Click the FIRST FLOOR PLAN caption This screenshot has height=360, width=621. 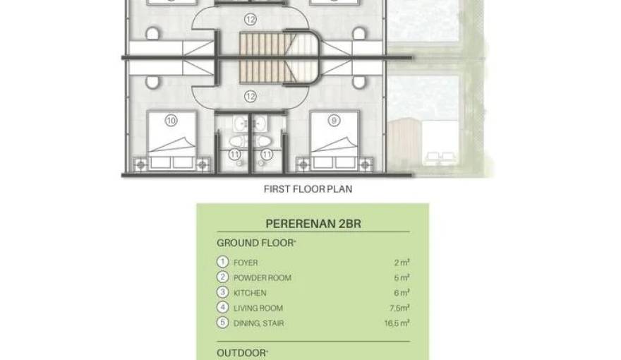point(308,189)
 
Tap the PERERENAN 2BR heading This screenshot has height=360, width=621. point(312,224)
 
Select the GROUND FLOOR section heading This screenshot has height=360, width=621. point(256,243)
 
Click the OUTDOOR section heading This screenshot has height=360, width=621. point(242,352)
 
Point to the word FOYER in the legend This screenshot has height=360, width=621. point(246,263)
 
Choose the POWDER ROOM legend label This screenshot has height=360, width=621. point(262,277)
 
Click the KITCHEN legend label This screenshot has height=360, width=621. point(250,293)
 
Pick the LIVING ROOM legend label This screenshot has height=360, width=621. point(258,308)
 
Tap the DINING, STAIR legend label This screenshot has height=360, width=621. point(260,323)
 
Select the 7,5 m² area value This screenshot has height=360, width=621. point(401,308)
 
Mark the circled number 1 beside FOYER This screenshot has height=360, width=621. point(223,263)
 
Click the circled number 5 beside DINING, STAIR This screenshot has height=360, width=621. point(223,323)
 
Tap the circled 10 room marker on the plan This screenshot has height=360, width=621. point(170,121)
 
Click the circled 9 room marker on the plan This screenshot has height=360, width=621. point(333,121)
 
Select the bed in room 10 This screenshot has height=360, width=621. point(173,139)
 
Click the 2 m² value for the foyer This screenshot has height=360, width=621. point(403,263)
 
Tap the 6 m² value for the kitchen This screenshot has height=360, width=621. point(403,293)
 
